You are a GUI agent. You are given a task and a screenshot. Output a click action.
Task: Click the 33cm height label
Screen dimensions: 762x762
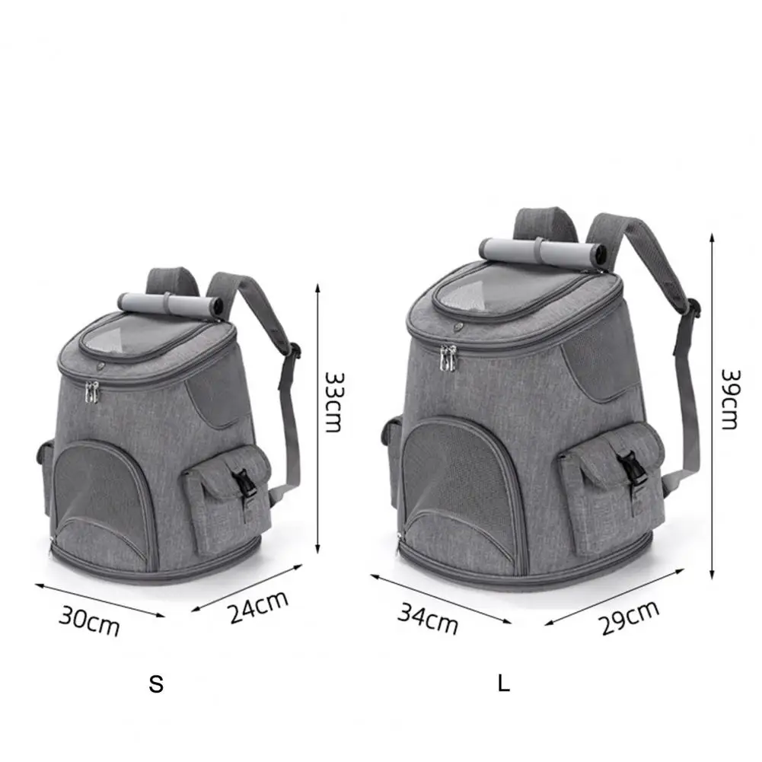333,401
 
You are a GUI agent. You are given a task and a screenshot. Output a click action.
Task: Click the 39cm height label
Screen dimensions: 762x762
729,400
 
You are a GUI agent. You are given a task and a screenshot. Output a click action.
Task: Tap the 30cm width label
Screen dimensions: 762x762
90,621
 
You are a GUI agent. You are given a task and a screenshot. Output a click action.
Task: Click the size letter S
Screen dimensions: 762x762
156,684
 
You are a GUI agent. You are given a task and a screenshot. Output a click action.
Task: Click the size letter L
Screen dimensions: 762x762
503,684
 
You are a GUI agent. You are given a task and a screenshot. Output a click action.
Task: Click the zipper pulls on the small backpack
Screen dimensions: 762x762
93,392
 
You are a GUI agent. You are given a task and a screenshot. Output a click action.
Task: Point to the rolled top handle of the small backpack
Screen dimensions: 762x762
171,304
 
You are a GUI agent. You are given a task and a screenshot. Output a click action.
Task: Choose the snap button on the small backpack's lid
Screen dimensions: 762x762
100,366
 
